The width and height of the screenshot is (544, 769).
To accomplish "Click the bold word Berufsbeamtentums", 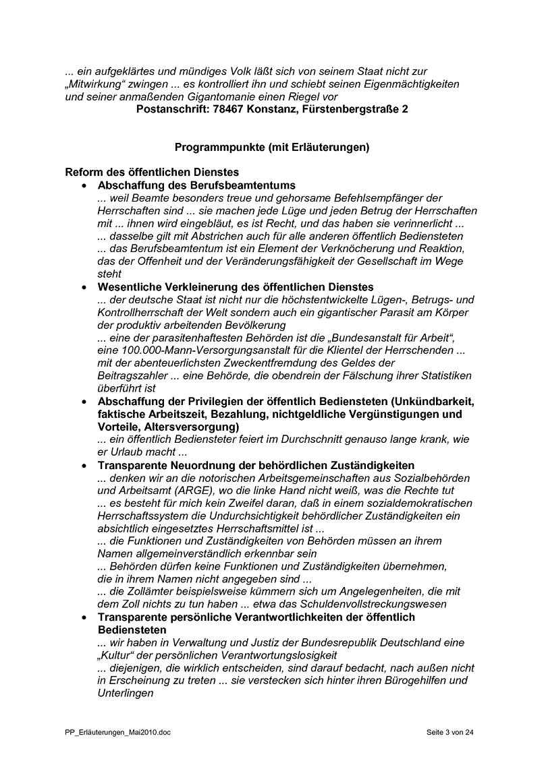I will point(246,185).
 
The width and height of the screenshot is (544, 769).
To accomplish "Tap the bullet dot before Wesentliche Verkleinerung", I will point(84,287).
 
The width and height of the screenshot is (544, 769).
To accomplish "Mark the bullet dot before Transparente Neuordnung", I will point(84,466).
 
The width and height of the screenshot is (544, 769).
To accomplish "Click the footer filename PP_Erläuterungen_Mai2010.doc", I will point(113,732).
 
